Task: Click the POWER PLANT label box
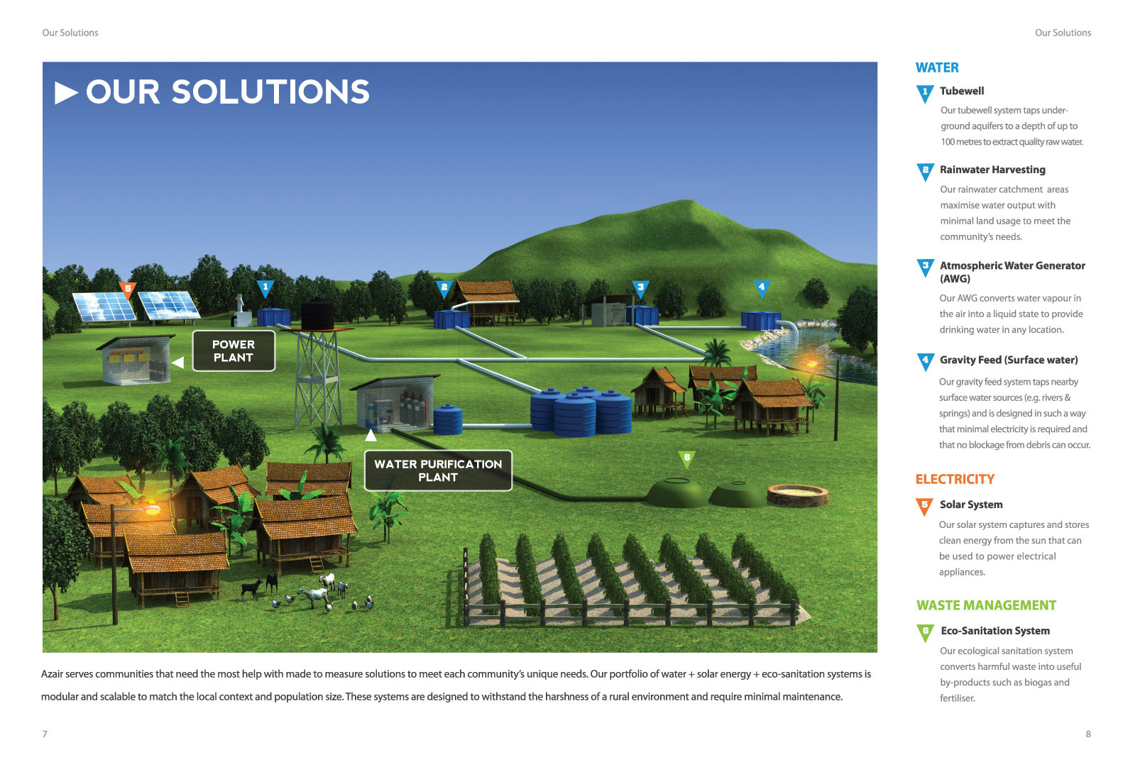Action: [x=234, y=351]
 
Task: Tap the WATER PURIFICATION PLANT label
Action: [x=438, y=470]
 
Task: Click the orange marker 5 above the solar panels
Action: [x=128, y=289]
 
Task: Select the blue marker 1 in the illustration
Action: [x=265, y=287]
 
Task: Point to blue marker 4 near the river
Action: [x=762, y=287]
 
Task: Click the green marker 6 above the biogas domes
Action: [x=686, y=458]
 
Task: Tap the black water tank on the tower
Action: [x=317, y=314]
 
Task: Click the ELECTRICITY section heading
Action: [x=955, y=479]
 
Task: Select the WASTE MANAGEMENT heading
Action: [x=986, y=605]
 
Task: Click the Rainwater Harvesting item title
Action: [x=992, y=170]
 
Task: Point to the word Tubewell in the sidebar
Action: [x=962, y=91]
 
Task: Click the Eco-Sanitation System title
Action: [x=995, y=631]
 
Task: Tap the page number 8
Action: [x=1088, y=734]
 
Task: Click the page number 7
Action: [x=45, y=734]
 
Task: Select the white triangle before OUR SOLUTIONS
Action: [x=65, y=93]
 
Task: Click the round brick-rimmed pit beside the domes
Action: [x=798, y=493]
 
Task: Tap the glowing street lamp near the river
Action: [x=811, y=363]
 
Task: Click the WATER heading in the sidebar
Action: [x=937, y=67]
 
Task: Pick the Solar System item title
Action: [x=971, y=505]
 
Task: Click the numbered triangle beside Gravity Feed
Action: [x=925, y=361]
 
